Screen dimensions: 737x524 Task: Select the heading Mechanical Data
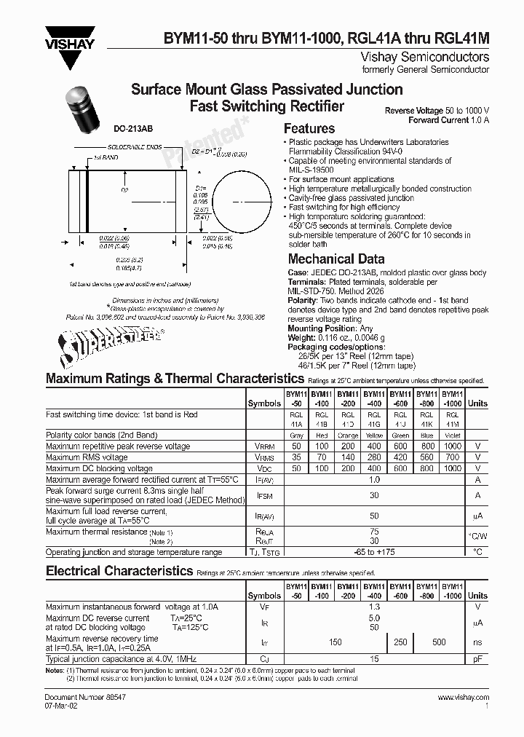(336, 259)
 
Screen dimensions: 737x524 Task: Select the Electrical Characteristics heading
(119, 571)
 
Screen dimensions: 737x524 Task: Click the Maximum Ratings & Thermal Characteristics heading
(175, 379)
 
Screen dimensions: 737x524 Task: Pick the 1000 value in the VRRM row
(452, 446)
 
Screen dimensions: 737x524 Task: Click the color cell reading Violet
(452, 435)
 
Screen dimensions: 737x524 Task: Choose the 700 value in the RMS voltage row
(452, 457)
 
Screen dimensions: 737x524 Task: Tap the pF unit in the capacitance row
(477, 658)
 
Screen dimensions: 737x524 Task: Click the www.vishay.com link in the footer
(463, 698)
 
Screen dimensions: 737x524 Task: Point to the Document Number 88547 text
(80, 698)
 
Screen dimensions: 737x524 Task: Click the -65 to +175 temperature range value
(374, 552)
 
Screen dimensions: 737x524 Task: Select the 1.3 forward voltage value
(374, 607)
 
